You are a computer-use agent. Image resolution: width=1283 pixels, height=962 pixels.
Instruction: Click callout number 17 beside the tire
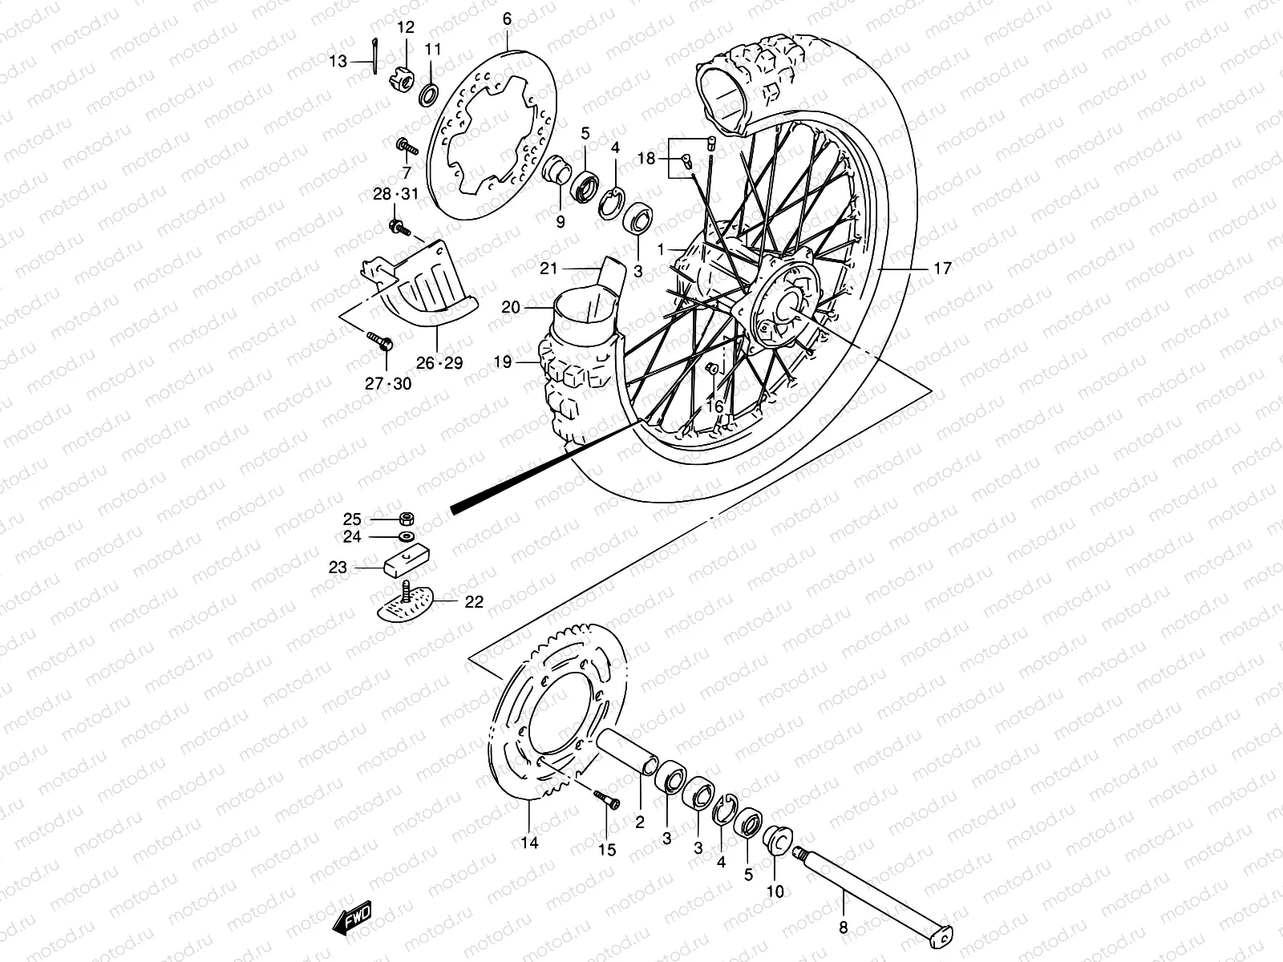(943, 269)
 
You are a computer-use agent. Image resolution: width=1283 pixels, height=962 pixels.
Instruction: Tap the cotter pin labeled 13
(374, 57)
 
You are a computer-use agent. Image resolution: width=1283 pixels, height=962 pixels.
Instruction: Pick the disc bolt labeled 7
(430, 147)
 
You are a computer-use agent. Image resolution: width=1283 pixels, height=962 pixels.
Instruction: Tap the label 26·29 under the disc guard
(439, 362)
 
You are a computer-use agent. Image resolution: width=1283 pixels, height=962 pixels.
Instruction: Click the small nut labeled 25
(407, 518)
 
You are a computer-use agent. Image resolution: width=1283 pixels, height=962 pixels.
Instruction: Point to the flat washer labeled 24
(407, 536)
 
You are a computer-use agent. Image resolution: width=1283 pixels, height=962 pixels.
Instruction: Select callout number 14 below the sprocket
(529, 843)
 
